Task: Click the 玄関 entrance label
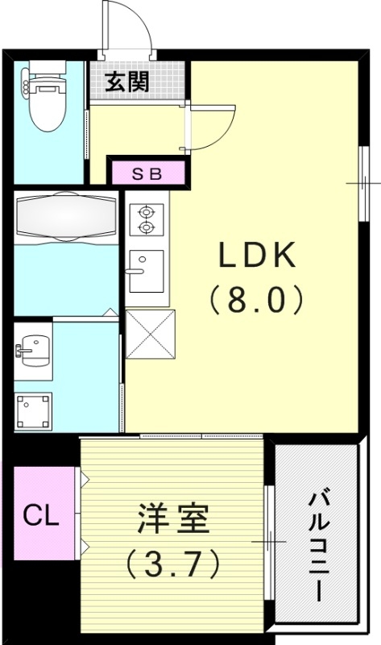point(129,81)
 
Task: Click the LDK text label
point(256,257)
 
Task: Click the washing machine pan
point(32,410)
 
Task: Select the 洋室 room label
point(172,518)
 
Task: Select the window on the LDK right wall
point(363,184)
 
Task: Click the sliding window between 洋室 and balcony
point(269,541)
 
